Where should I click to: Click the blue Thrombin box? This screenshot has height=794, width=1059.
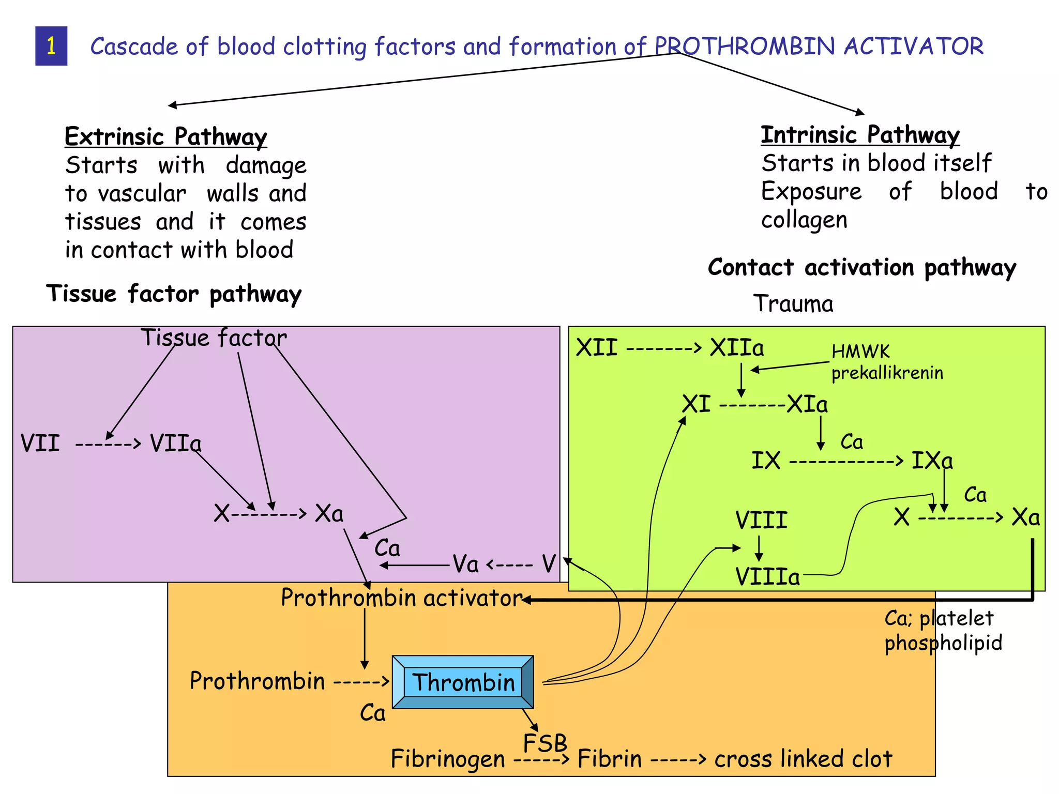point(463,682)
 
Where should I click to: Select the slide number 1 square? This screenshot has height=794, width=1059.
point(51,46)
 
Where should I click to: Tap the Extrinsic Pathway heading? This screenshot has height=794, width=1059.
point(165,136)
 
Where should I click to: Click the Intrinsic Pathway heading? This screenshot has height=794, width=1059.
point(860,134)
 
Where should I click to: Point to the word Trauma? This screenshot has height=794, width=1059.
point(793,303)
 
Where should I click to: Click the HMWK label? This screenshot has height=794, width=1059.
point(860,352)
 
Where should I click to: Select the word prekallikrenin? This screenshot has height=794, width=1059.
point(887,373)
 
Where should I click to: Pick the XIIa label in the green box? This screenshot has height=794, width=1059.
point(736,347)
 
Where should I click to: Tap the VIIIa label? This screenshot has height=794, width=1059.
point(767,576)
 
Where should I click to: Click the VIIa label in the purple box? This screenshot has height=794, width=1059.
point(175,444)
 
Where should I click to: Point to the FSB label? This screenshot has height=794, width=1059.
point(545,743)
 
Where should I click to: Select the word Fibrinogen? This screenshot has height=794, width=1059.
point(448,759)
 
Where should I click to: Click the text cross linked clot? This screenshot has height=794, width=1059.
point(803,759)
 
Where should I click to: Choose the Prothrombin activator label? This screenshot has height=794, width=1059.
point(401,598)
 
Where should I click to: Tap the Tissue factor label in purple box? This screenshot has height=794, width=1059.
point(214,338)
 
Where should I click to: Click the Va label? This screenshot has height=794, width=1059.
point(465,564)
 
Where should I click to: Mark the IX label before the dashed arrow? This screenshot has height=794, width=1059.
point(766,460)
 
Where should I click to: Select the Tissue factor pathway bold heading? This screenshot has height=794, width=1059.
point(174,294)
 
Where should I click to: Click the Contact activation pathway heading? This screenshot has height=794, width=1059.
point(862,267)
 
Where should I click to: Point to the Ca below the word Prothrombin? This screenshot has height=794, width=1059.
point(373,713)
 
